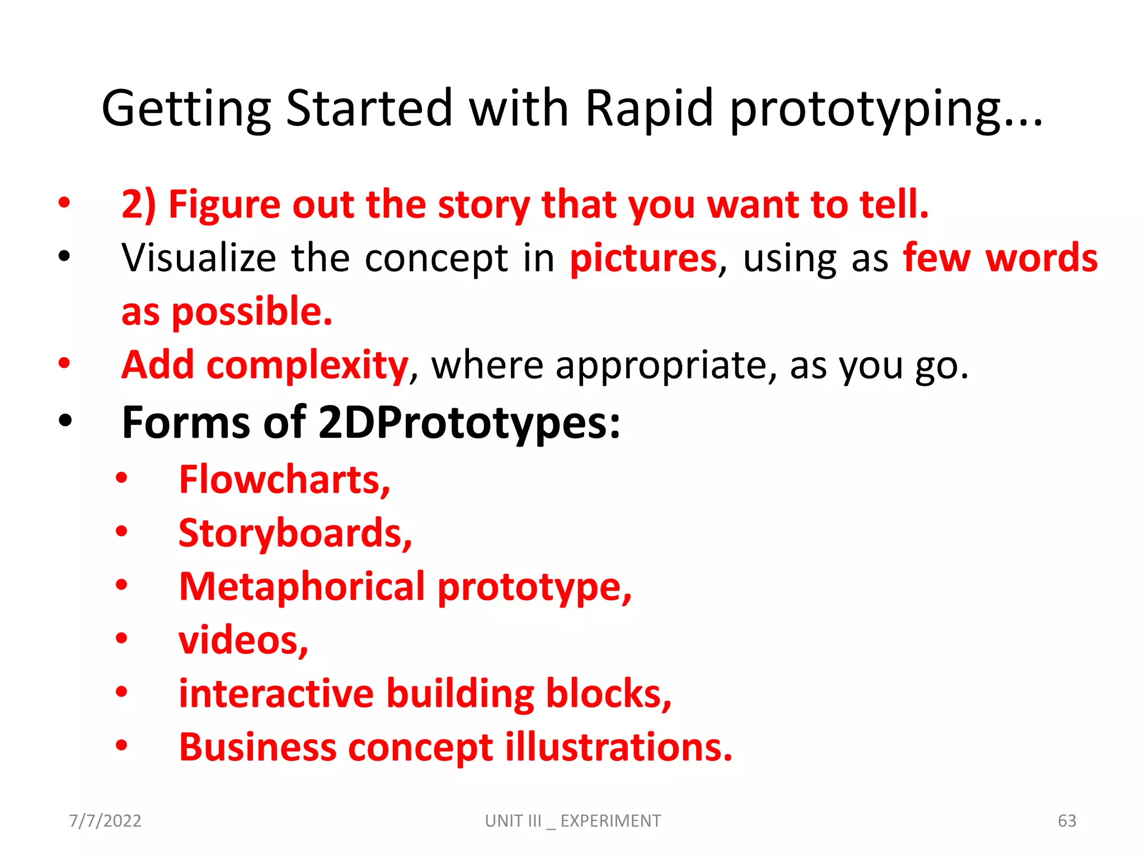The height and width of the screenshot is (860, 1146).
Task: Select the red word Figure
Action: click(224, 204)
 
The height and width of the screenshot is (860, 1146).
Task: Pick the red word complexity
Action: click(307, 366)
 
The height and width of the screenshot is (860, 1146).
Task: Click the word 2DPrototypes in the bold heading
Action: click(469, 422)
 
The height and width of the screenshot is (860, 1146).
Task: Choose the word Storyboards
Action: click(295, 533)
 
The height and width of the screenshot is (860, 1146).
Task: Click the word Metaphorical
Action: click(302, 587)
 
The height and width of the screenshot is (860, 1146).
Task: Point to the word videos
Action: click(243, 640)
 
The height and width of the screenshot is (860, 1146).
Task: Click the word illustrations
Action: click(618, 747)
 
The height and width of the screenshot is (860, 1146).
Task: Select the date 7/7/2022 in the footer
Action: click(105, 821)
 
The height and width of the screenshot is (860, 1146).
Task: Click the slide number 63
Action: click(1067, 821)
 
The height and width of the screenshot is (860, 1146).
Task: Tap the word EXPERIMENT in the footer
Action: click(610, 821)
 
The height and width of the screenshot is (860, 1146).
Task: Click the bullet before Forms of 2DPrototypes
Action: click(65, 420)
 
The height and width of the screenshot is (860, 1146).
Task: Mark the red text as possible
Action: click(227, 312)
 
